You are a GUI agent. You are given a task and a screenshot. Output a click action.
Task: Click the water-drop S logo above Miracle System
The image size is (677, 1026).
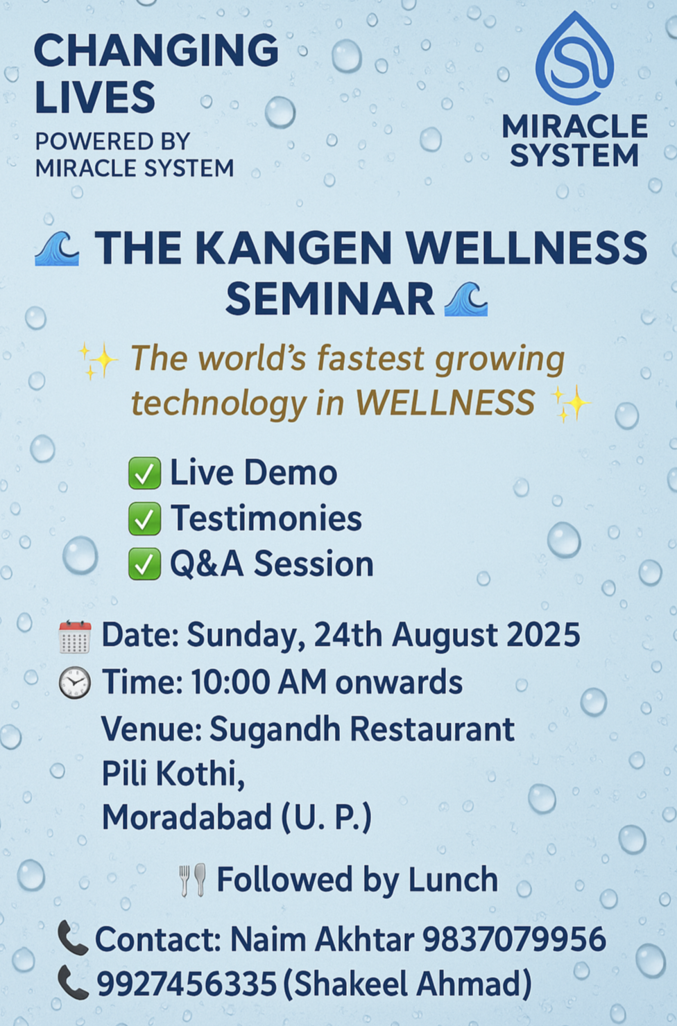[575, 59]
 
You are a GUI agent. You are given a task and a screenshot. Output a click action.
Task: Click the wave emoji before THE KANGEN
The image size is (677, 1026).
[57, 248]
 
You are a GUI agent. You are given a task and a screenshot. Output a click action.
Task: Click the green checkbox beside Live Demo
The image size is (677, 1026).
[144, 473]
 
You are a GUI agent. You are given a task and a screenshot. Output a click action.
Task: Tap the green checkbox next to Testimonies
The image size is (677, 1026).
[144, 519]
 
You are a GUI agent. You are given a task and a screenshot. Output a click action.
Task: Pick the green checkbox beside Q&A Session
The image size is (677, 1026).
[144, 564]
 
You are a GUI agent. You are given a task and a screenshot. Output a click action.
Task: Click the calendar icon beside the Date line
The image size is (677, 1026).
[75, 636]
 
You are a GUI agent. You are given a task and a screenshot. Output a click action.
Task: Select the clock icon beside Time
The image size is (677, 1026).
[75, 683]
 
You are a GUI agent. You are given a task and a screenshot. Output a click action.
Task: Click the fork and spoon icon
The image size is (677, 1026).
[193, 880]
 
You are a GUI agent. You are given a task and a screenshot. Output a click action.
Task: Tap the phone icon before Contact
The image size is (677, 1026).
[72, 938]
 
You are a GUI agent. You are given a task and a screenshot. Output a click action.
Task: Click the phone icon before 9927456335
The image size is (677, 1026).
[72, 982]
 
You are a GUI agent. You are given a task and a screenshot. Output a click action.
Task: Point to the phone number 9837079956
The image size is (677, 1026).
[514, 939]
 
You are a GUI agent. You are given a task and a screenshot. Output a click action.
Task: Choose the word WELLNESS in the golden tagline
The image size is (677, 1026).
[445, 403]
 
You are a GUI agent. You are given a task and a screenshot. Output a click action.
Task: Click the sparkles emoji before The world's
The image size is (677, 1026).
[98, 361]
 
